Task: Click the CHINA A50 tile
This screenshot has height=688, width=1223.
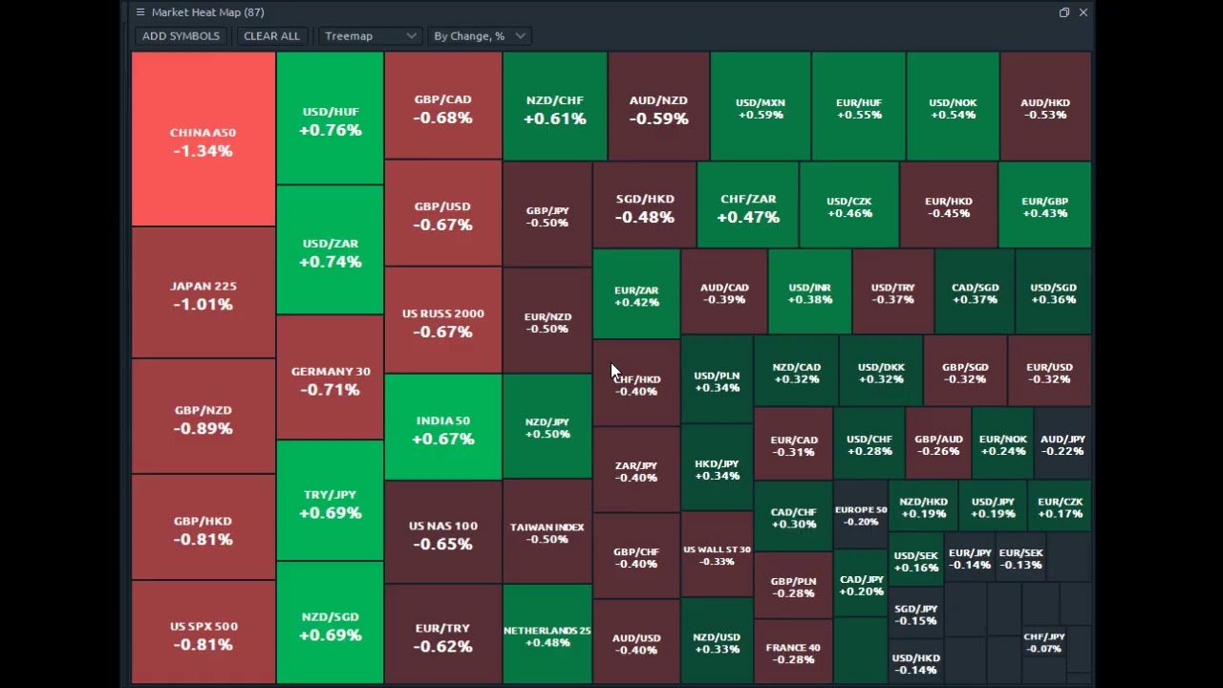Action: [x=203, y=140]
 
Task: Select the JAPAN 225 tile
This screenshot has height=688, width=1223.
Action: [x=203, y=294]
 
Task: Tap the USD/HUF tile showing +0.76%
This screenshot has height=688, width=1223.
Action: [x=330, y=120]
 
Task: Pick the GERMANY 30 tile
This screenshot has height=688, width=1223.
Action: [x=330, y=379]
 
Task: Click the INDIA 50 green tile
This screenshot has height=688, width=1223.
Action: [x=442, y=429]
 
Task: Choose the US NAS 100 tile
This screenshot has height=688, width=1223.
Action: [x=442, y=534]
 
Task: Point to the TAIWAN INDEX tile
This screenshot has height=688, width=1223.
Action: [x=547, y=532]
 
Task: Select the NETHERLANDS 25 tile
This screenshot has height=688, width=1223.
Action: [x=547, y=635]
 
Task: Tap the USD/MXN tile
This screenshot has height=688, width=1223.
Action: [x=760, y=108]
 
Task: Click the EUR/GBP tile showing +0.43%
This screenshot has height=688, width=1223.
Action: [x=1044, y=206]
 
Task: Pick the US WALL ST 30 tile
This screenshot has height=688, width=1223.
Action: [x=717, y=555]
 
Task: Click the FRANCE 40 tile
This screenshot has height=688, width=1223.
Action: [x=792, y=653]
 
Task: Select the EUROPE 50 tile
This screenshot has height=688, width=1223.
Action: [x=860, y=515]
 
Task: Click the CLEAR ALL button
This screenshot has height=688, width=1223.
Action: [x=271, y=36]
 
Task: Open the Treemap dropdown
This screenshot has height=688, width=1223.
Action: [x=370, y=36]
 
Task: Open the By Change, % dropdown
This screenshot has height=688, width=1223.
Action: [x=479, y=36]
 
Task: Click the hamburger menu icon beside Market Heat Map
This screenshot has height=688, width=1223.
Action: [x=140, y=12]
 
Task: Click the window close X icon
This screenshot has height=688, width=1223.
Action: [x=1083, y=12]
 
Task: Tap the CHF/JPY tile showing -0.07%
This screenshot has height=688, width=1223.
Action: [x=1043, y=642]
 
